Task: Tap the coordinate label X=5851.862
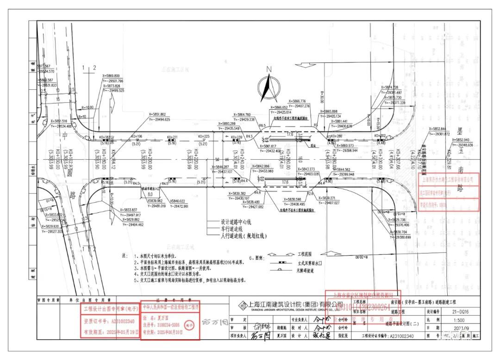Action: point(157,114)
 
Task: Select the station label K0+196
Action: point(137,137)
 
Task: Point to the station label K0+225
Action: point(204,137)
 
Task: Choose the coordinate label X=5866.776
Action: point(297,101)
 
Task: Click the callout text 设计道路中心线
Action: point(236,222)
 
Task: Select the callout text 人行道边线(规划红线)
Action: point(244,236)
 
